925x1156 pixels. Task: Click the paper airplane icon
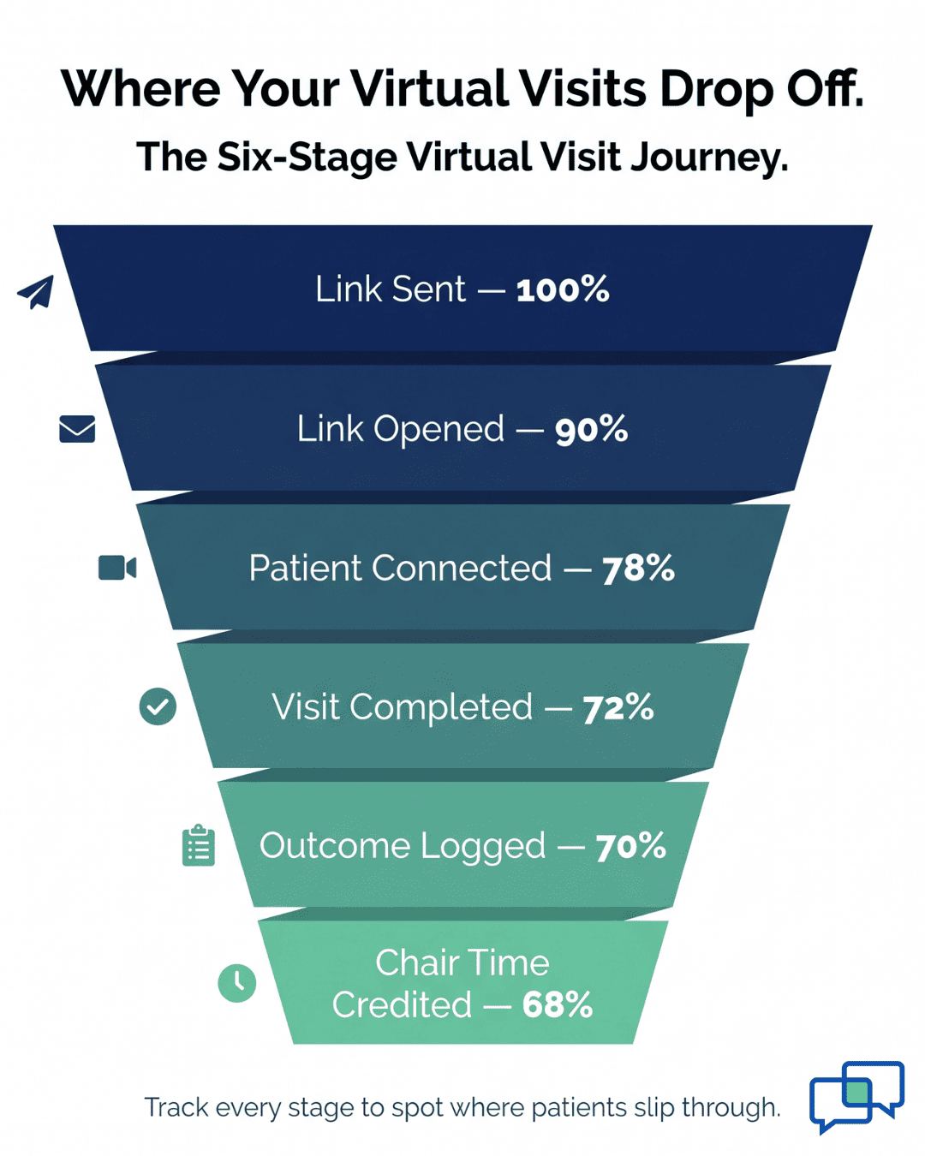pos(37,292)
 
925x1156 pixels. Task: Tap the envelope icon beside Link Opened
pos(77,428)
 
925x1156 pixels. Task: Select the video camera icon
pos(117,568)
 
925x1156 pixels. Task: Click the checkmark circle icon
pos(158,706)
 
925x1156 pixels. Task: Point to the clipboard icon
pos(199,846)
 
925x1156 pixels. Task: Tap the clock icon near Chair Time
pos(237,983)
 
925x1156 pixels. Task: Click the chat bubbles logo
pos(856,1096)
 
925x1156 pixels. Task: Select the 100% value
pos(563,289)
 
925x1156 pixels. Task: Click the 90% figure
pos(591,429)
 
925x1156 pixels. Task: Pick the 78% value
pos(638,569)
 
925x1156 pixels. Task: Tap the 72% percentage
pos(618,708)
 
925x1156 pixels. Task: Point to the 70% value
pos(630,847)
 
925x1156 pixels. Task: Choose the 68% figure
pos(558,1005)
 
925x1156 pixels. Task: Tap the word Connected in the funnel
pos(462,569)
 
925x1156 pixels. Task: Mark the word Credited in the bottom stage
pos(402,1005)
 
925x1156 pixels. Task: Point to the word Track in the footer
pos(176,1107)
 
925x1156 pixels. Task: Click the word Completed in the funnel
pos(441,707)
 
